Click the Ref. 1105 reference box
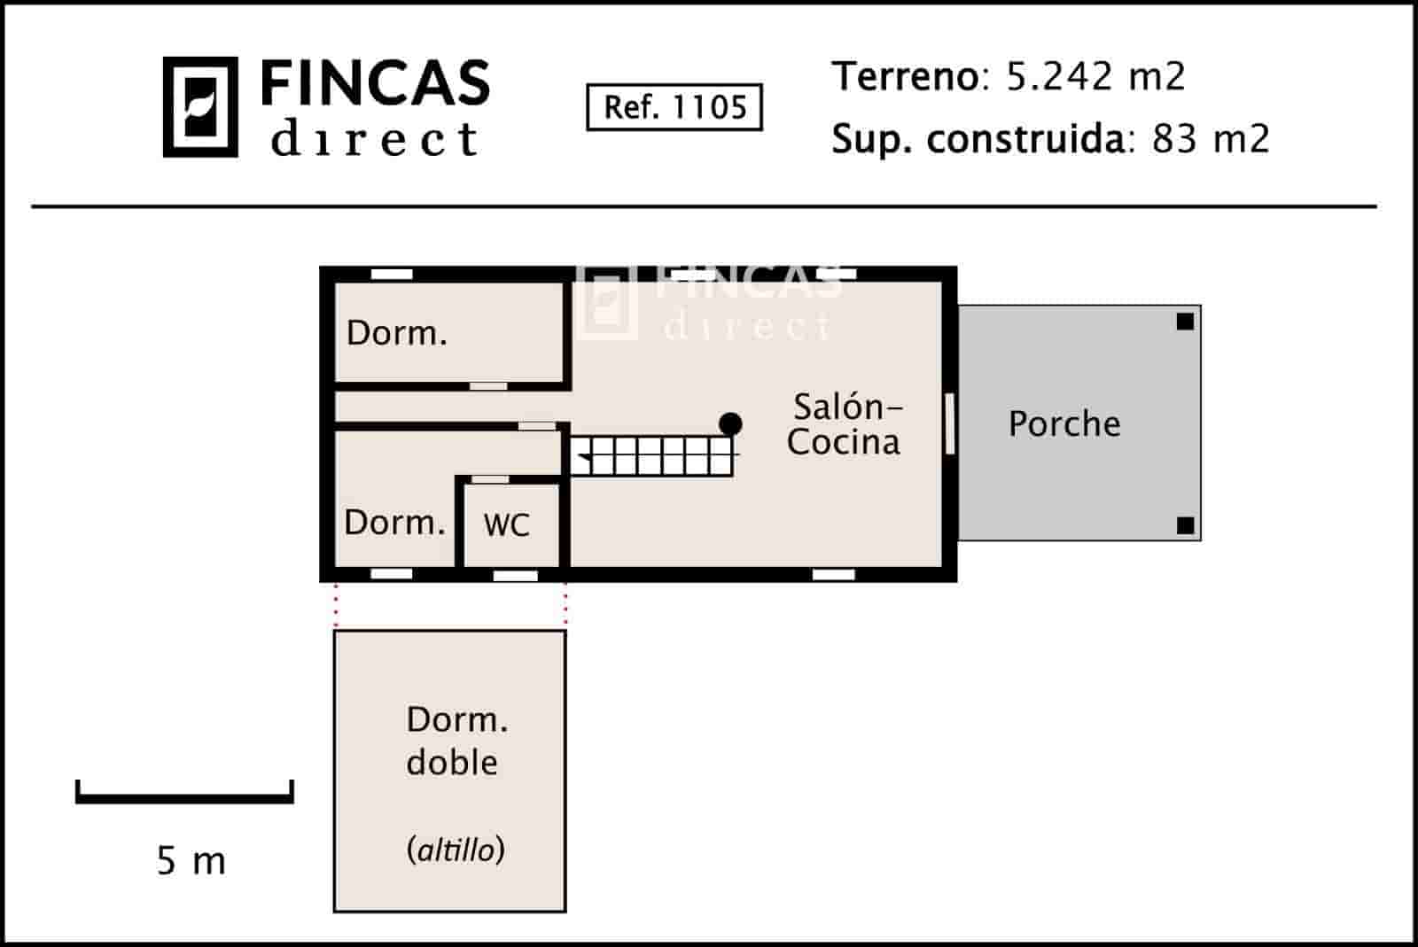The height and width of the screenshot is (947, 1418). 674,107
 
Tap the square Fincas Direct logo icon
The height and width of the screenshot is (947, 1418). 200,107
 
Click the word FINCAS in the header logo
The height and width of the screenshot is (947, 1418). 375,84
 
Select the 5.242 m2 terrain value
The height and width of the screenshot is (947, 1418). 1095,77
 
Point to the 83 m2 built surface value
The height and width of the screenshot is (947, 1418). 1210,139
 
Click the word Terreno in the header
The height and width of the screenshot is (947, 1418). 904,77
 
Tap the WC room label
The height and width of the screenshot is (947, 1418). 506,525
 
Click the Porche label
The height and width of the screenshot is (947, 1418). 1063,424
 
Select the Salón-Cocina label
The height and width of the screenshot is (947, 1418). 844,424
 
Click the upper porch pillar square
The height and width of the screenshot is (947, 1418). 1185,322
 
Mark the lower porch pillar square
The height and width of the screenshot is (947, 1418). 1185,525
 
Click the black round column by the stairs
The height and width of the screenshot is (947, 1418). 730,423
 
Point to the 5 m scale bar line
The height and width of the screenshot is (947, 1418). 184,798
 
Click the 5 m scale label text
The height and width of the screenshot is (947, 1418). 191,860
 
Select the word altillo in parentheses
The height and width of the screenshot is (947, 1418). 456,850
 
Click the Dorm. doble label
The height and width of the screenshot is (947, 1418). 456,741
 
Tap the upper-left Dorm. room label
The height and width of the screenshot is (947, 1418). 396,333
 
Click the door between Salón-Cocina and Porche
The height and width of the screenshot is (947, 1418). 949,423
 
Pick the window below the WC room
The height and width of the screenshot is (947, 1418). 515,576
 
